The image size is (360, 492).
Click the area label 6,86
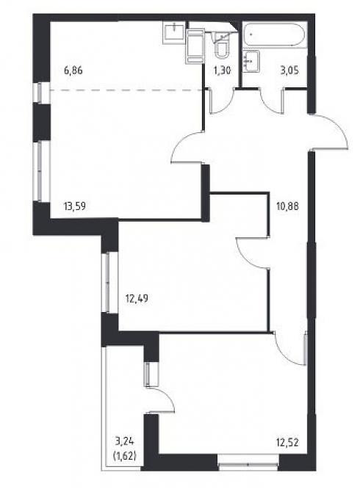point(73,70)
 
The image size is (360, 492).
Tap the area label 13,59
point(75,206)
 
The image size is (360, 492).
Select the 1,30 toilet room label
point(222,70)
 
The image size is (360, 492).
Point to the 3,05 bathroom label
point(289,70)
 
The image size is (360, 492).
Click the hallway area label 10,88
point(287,206)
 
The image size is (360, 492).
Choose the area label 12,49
point(137,299)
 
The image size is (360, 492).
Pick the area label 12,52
point(287,443)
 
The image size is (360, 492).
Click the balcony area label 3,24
point(125,442)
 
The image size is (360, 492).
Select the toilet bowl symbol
point(222,50)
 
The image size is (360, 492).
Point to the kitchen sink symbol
point(173,33)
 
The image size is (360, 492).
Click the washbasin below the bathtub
point(251,62)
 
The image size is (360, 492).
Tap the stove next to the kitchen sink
point(195,46)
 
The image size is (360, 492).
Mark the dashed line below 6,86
point(126,90)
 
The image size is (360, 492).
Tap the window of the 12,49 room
point(107,283)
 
